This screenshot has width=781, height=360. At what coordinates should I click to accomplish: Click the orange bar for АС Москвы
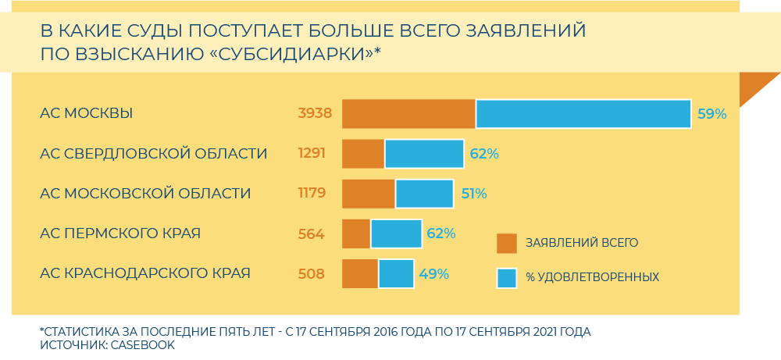tap(408, 114)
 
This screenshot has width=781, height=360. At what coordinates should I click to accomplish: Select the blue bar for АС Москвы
tap(583, 114)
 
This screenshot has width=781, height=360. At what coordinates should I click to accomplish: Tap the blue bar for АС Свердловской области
tap(424, 154)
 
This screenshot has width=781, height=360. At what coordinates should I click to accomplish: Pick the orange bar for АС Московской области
tap(369, 194)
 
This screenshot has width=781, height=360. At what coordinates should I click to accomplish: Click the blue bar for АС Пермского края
tap(396, 233)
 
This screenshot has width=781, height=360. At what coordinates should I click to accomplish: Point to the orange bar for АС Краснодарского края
tap(360, 273)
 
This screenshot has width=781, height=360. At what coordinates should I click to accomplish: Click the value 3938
tap(315, 114)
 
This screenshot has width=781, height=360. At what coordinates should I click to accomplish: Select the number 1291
tap(312, 154)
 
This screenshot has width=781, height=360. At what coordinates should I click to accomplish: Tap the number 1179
tap(312, 194)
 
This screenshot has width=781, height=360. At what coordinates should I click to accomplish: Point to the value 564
tap(312, 233)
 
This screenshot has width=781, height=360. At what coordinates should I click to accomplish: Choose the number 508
tap(312, 273)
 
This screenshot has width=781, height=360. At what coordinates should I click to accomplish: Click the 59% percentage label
tap(711, 114)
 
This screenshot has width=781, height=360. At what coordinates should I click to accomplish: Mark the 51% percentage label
tap(473, 194)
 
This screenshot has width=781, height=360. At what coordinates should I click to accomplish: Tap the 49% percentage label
tap(433, 273)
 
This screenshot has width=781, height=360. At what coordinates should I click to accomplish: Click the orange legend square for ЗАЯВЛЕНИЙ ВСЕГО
tap(507, 243)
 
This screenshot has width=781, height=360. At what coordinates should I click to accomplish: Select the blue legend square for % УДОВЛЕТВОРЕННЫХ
tap(507, 277)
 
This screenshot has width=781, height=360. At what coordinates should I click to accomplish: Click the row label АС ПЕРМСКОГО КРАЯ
tap(120, 233)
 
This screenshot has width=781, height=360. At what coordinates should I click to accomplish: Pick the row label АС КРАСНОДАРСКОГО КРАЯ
tap(145, 273)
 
